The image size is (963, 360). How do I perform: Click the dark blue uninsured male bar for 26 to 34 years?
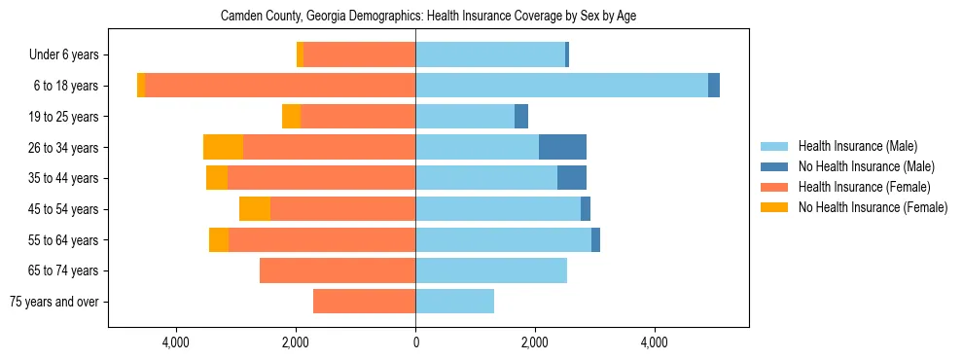point(562,147)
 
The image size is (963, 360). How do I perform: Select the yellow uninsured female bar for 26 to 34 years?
point(223,147)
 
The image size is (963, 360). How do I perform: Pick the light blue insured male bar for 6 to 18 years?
point(561,86)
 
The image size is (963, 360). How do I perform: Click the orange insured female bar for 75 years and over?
point(364,302)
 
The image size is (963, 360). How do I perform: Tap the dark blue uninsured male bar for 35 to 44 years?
point(572,178)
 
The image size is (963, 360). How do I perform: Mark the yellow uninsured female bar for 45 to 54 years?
point(255,209)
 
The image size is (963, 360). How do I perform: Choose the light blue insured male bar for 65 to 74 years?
point(491,270)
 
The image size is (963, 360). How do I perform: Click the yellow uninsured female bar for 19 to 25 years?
point(291,117)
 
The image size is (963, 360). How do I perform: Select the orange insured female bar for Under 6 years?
point(359,55)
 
